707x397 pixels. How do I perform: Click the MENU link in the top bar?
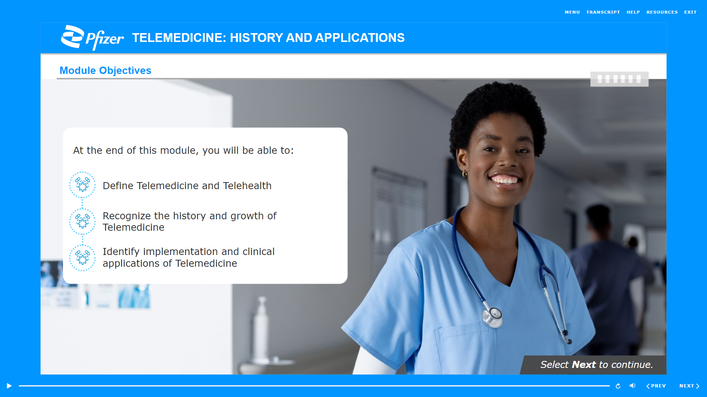coord(572,12)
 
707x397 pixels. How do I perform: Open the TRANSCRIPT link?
coord(603,12)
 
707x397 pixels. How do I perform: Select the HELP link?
coord(633,12)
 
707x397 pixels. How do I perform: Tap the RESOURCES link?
coord(662,12)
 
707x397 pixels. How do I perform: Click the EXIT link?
coord(690,12)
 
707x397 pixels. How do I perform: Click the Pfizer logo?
coord(92,38)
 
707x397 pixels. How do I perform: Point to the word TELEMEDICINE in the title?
coord(177,38)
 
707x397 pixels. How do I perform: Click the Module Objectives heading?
coord(105,70)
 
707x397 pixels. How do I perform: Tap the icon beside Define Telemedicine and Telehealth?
coord(82,185)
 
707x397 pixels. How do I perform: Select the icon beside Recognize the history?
coord(82,221)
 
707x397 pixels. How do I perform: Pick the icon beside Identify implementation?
coord(82,258)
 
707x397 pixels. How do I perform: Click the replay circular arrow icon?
coord(618,386)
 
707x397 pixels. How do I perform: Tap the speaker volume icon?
coord(632,386)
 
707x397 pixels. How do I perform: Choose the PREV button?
coord(656,386)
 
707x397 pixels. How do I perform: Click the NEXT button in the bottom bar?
coord(689,386)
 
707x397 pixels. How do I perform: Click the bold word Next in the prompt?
coord(584,365)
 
